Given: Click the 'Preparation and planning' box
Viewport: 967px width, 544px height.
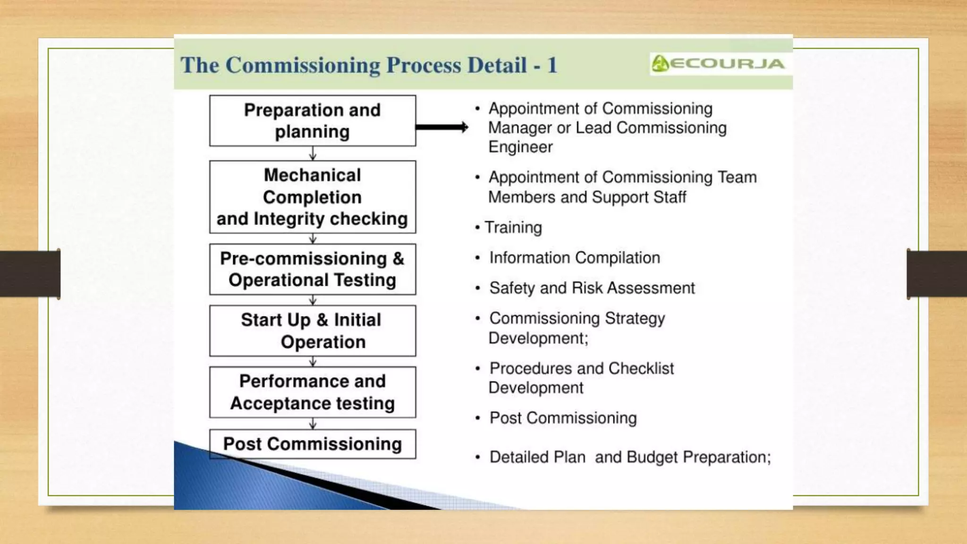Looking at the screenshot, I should [313, 121].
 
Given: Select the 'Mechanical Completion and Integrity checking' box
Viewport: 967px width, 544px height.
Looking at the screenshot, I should [313, 197].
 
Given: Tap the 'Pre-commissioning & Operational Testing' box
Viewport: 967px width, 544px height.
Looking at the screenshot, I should [313, 269].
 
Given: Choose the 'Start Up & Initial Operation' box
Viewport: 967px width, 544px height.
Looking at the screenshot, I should [313, 331].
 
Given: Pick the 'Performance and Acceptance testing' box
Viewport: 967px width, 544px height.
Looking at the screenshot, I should [313, 392].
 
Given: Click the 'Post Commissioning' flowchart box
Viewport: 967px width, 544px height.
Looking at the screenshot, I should [313, 444].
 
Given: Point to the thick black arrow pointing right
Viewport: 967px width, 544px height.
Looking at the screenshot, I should [441, 127].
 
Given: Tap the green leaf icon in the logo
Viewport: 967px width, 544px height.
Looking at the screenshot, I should [660, 63].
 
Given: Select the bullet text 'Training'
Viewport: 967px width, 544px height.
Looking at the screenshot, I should [513, 228].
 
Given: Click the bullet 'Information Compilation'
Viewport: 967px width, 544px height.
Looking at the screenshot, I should [575, 258].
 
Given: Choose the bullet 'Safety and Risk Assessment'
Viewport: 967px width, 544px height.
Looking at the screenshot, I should [592, 288].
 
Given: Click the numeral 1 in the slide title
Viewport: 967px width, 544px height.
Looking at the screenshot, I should [552, 65].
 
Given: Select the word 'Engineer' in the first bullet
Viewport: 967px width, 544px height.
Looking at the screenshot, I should [520, 147].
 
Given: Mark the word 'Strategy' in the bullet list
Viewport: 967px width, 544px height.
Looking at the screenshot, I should [635, 319].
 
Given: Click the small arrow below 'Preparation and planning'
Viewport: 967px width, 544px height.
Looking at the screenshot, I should [313, 153].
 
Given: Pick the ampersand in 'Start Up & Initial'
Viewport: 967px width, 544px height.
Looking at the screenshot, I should [322, 320].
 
